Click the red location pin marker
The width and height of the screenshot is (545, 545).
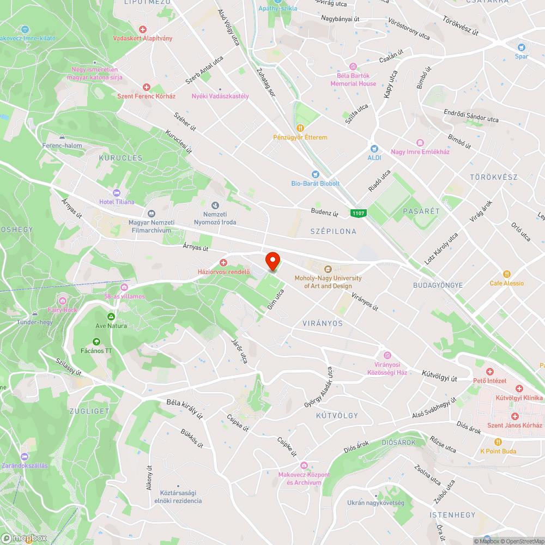(x=271, y=261)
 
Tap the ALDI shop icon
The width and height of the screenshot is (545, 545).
(x=374, y=148)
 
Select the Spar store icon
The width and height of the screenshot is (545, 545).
(x=521, y=47)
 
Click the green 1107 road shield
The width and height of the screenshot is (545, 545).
(x=358, y=213)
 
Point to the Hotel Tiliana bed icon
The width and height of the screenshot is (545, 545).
(x=116, y=193)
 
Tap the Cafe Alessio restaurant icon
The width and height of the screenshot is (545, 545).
(x=506, y=274)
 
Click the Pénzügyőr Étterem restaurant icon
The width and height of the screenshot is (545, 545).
(x=300, y=128)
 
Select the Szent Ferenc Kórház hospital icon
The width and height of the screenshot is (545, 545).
(x=146, y=87)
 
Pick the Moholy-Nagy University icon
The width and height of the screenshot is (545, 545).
(x=328, y=269)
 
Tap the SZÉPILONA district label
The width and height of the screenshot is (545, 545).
(x=333, y=231)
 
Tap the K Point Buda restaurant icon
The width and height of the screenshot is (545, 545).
(x=498, y=442)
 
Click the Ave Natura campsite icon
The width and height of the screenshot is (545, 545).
(x=111, y=317)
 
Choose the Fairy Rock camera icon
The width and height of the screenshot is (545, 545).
(x=63, y=301)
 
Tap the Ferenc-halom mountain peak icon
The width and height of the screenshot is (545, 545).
(x=62, y=137)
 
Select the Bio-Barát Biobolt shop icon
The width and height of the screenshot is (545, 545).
(x=315, y=174)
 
